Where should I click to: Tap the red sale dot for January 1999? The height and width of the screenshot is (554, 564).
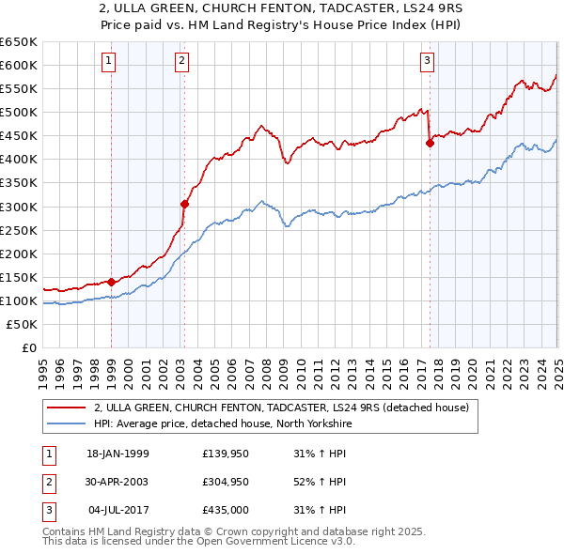111,281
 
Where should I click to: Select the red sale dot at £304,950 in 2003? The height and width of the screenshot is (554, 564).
185,203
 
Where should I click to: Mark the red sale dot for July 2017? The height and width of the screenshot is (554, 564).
430,143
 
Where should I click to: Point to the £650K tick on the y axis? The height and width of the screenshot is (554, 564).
19,42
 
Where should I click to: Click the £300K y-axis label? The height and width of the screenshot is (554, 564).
19,207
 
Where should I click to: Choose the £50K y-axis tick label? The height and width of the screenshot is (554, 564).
23,324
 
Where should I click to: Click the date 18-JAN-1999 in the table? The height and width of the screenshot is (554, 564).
117,454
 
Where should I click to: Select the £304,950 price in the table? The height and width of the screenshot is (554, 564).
224,482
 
